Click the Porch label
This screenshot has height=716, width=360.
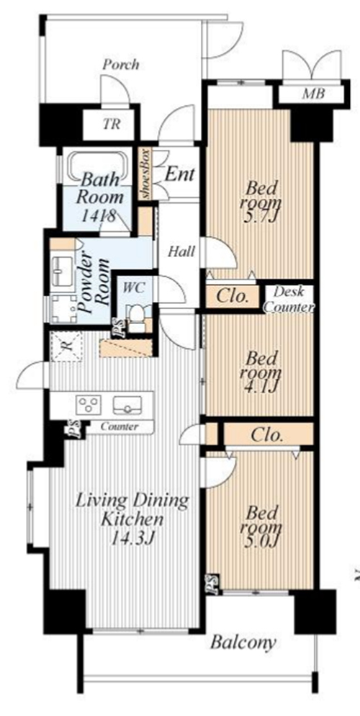tap(120, 66)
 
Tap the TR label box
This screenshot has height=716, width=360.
tap(112, 124)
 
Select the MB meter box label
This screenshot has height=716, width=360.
tap(313, 94)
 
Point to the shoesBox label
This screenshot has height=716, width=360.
tap(146, 173)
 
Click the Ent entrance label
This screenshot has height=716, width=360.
tap(180, 174)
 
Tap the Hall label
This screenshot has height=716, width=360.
tap(181, 251)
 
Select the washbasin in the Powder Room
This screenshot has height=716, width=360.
tap(62, 270)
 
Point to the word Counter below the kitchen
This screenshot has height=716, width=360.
tap(120, 427)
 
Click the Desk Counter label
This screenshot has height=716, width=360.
tap(289, 300)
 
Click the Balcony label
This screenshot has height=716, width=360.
tap(243, 643)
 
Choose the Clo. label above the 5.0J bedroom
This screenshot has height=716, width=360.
tap(267, 435)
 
